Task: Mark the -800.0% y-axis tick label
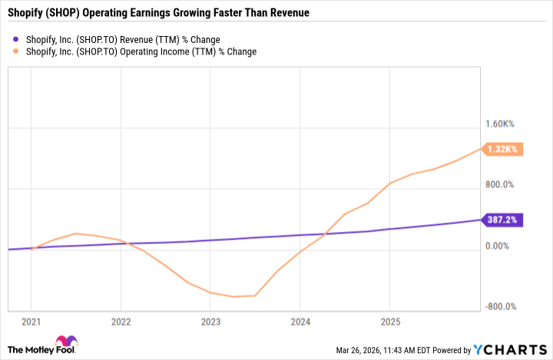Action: pos(498,307)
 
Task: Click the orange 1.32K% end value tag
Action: pos(502,149)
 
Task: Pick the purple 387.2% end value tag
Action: pos(502,220)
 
